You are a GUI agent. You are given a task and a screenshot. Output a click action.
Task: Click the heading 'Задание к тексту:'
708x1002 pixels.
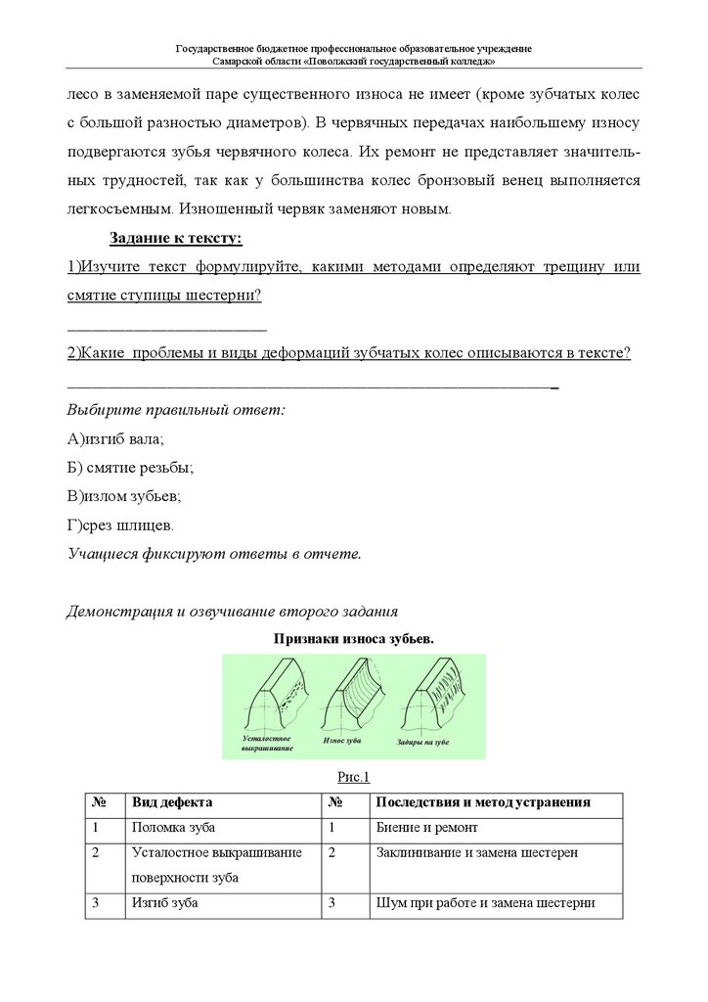tap(175, 238)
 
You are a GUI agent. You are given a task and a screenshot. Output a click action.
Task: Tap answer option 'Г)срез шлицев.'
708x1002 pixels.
tap(122, 524)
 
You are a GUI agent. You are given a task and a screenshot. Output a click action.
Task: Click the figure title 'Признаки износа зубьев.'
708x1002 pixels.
tap(354, 638)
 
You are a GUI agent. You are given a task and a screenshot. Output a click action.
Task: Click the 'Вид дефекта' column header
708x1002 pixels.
tap(172, 802)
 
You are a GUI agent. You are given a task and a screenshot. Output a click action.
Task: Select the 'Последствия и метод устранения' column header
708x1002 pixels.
tap(483, 802)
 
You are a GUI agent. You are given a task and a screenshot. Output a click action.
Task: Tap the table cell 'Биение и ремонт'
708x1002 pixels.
tap(425, 828)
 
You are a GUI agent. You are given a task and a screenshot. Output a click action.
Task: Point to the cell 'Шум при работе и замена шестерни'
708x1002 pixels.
tap(485, 903)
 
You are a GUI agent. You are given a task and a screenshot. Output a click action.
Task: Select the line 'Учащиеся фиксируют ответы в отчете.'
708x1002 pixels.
tap(214, 554)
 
